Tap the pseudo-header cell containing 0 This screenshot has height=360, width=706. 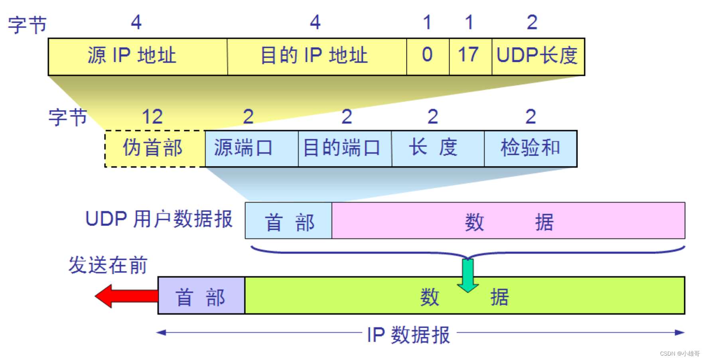(x=428, y=56)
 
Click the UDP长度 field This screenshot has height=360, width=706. (x=538, y=56)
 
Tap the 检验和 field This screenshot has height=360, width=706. (x=530, y=148)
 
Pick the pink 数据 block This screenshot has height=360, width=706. (x=508, y=221)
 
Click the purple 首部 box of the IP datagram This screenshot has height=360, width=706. (x=201, y=296)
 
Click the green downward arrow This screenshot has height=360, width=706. (x=467, y=275)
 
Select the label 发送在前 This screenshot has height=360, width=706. (x=108, y=265)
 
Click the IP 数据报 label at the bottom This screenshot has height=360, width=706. (x=408, y=334)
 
